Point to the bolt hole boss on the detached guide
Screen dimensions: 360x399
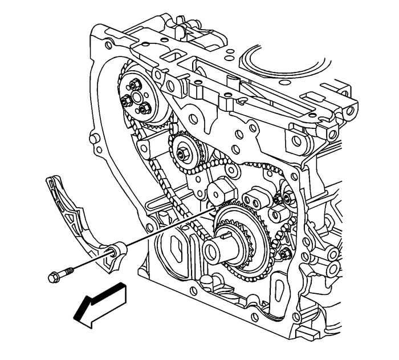pos(118,250)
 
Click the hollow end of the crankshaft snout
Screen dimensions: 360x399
pos(212,249)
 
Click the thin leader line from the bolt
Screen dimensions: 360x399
pos(165,228)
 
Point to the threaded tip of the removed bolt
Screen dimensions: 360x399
pos(71,270)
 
